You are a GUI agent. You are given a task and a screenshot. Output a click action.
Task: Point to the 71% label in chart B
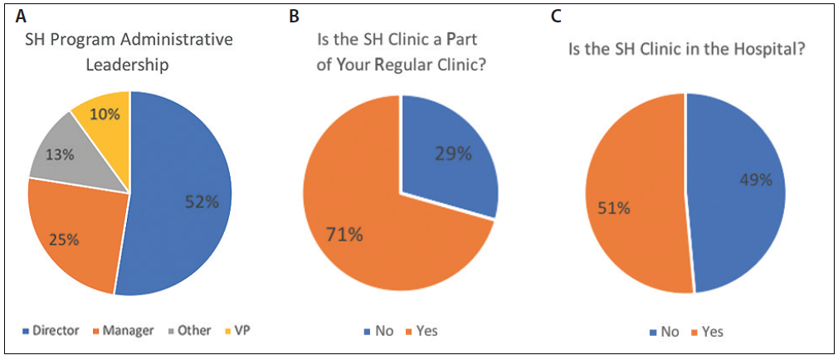pos(343,235)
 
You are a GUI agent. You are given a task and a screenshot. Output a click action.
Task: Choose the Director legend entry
pos(51,330)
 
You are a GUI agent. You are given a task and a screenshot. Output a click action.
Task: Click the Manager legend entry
pos(123,330)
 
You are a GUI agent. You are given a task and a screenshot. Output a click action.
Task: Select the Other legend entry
pos(189,330)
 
